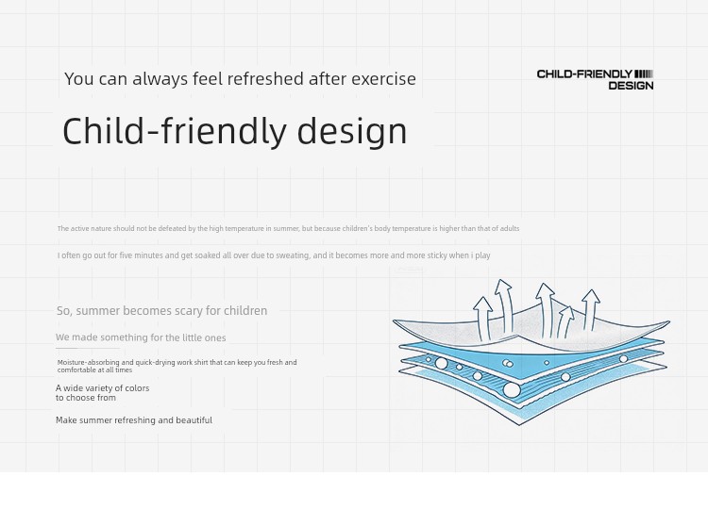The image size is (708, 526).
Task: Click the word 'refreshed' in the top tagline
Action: [265, 79]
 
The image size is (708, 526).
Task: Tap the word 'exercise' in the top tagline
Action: [384, 79]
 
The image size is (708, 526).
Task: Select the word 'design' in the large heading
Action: [352, 131]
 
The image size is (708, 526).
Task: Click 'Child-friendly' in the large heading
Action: [175, 130]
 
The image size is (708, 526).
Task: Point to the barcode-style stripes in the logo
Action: [644, 74]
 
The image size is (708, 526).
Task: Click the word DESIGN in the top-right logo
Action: [631, 86]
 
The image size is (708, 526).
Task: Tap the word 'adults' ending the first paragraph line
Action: [510, 228]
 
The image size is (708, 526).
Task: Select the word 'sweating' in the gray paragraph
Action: [293, 255]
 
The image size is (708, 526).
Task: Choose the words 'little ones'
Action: [204, 337]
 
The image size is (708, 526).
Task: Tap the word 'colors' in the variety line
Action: [136, 388]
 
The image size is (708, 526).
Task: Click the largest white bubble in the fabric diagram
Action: [512, 389]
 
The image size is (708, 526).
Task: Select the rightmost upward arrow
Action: [591, 309]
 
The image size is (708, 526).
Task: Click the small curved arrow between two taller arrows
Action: [565, 321]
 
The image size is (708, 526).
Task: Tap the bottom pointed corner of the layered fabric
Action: [519, 424]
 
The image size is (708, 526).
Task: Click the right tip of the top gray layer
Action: [669, 321]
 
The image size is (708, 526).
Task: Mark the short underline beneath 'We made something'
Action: [88, 349]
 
